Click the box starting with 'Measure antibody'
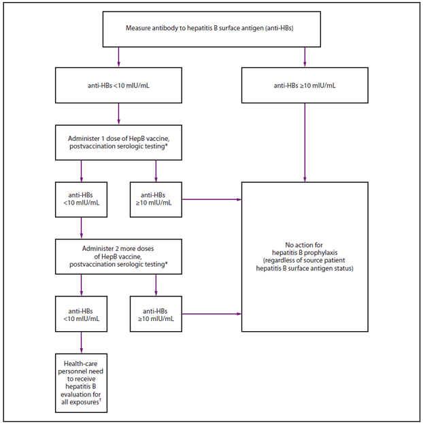pyautogui.click(x=211, y=29)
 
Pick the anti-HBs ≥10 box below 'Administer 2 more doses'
pyautogui.click(x=156, y=314)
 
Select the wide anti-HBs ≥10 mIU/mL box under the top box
pyautogui.click(x=304, y=86)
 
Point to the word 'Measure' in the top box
pyautogui.click(x=138, y=29)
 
